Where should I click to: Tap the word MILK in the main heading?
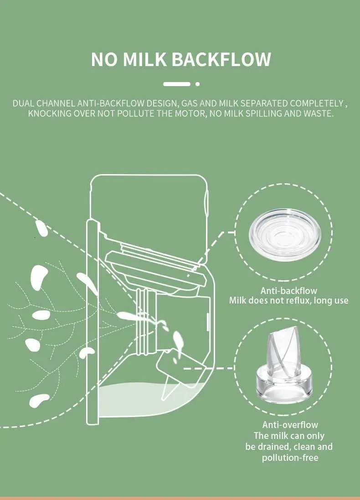pos(144,59)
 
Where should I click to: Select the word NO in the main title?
pos(104,59)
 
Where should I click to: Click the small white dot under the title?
pos(198,84)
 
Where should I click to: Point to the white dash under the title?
pos(177,84)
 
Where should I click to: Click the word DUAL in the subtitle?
pos(23,103)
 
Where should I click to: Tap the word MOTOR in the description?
pos(190,113)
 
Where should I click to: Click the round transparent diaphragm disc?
pos(285,234)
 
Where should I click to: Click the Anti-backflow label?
pos(288,290)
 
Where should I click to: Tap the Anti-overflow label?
pos(290,425)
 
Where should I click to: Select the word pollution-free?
pos(290,458)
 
